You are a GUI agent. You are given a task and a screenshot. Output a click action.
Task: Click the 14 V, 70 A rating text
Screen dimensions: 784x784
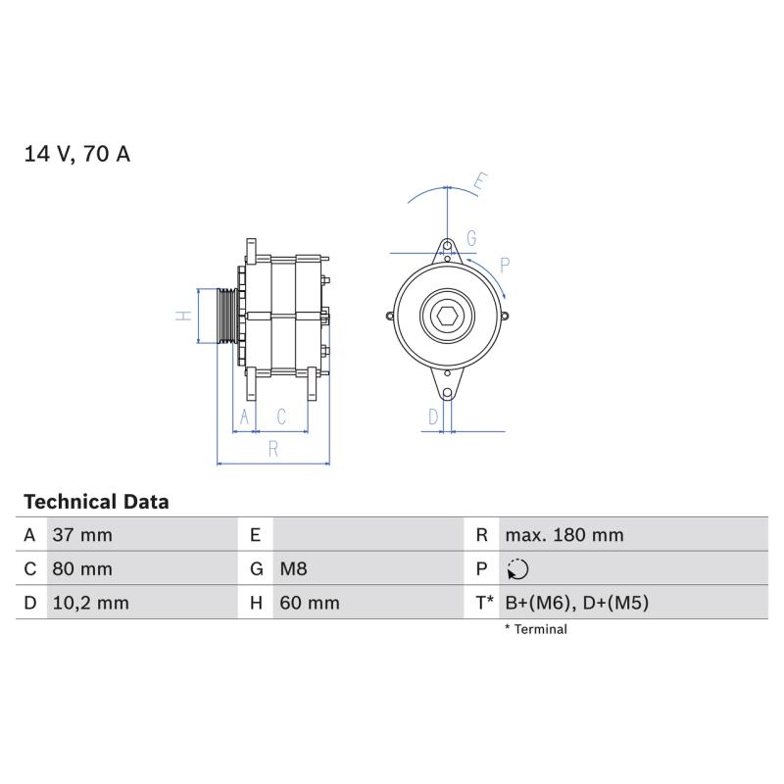tap(77, 154)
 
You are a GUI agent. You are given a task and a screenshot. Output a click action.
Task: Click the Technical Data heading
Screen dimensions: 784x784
tap(96, 502)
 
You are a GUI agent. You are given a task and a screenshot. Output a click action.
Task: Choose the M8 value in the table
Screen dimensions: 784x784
tap(293, 569)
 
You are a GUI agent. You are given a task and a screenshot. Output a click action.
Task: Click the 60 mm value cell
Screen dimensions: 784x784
tap(310, 603)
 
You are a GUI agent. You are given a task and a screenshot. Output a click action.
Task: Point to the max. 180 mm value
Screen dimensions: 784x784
tap(564, 535)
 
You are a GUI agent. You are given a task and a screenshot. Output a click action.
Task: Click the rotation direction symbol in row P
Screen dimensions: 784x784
tap(517, 569)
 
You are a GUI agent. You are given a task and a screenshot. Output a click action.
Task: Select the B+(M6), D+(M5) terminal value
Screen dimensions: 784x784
tap(577, 603)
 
